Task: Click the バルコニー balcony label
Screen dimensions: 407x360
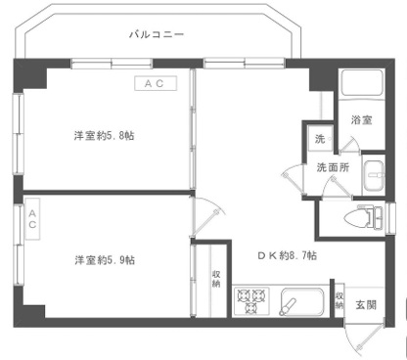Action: pyautogui.click(x=157, y=34)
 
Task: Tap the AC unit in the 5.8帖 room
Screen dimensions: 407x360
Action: pyautogui.click(x=156, y=83)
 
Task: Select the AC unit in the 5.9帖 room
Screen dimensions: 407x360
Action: pyautogui.click(x=32, y=219)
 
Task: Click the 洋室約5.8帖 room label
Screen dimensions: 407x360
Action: pyautogui.click(x=104, y=135)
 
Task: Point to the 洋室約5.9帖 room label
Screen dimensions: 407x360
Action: pyautogui.click(x=105, y=260)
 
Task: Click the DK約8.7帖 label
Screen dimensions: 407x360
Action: pyautogui.click(x=288, y=255)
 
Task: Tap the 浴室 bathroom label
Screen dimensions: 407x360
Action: pyautogui.click(x=362, y=120)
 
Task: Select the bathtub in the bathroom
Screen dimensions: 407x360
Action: pyautogui.click(x=362, y=82)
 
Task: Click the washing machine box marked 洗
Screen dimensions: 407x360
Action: pyautogui.click(x=320, y=139)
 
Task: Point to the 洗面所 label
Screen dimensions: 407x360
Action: pyautogui.click(x=333, y=167)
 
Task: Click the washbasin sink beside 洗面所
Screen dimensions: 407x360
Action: pyautogui.click(x=375, y=176)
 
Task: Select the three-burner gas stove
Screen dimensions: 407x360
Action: pyautogui.click(x=251, y=301)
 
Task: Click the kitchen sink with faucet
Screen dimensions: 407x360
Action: pyautogui.click(x=302, y=302)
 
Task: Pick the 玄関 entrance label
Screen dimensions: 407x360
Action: pyautogui.click(x=366, y=305)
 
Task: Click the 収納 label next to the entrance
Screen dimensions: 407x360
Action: pyautogui.click(x=339, y=300)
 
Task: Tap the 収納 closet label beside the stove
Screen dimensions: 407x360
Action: pyautogui.click(x=216, y=279)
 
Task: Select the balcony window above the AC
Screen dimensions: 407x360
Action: pyautogui.click(x=112, y=64)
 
